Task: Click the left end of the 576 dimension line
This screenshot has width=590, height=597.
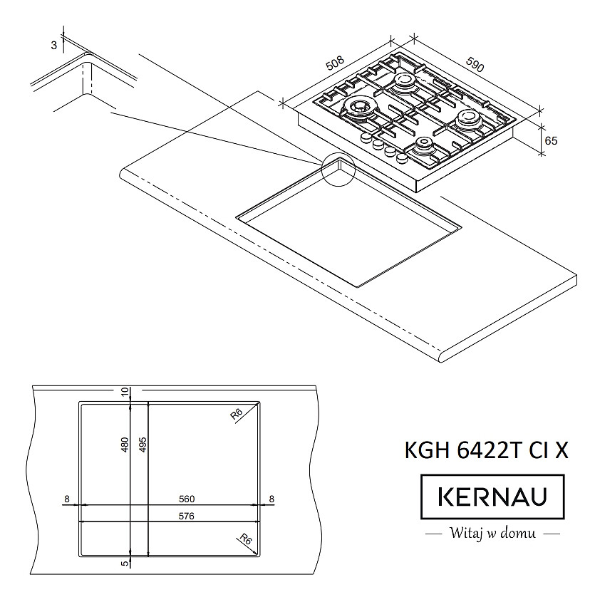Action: point(79,521)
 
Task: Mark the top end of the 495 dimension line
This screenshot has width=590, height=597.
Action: point(147,401)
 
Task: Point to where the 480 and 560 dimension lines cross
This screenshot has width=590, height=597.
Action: point(130,505)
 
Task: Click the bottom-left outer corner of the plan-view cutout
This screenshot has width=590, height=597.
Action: point(79,556)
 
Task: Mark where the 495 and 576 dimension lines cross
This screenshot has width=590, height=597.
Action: point(147,521)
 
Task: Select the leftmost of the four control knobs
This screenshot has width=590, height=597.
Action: point(366,137)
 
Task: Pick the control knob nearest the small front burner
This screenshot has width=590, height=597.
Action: point(401,157)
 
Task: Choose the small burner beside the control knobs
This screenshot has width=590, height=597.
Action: point(423,145)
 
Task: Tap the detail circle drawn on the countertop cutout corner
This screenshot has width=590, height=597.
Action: point(338,170)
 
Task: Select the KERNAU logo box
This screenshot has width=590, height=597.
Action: point(492,497)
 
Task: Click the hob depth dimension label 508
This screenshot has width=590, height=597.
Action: point(335,63)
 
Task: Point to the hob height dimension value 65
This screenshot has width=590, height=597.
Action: point(551,141)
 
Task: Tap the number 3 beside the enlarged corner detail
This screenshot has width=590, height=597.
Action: point(53,46)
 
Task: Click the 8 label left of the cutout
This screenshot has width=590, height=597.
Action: point(67,499)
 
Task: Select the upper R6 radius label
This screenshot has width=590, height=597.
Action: point(237,413)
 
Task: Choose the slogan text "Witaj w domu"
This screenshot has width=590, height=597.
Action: point(492,533)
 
